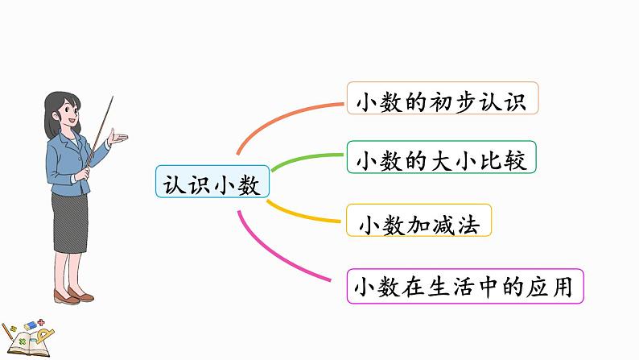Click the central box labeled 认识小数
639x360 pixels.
point(212,184)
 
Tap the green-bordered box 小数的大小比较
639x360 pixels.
point(442,159)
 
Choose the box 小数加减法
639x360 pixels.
point(419,223)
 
